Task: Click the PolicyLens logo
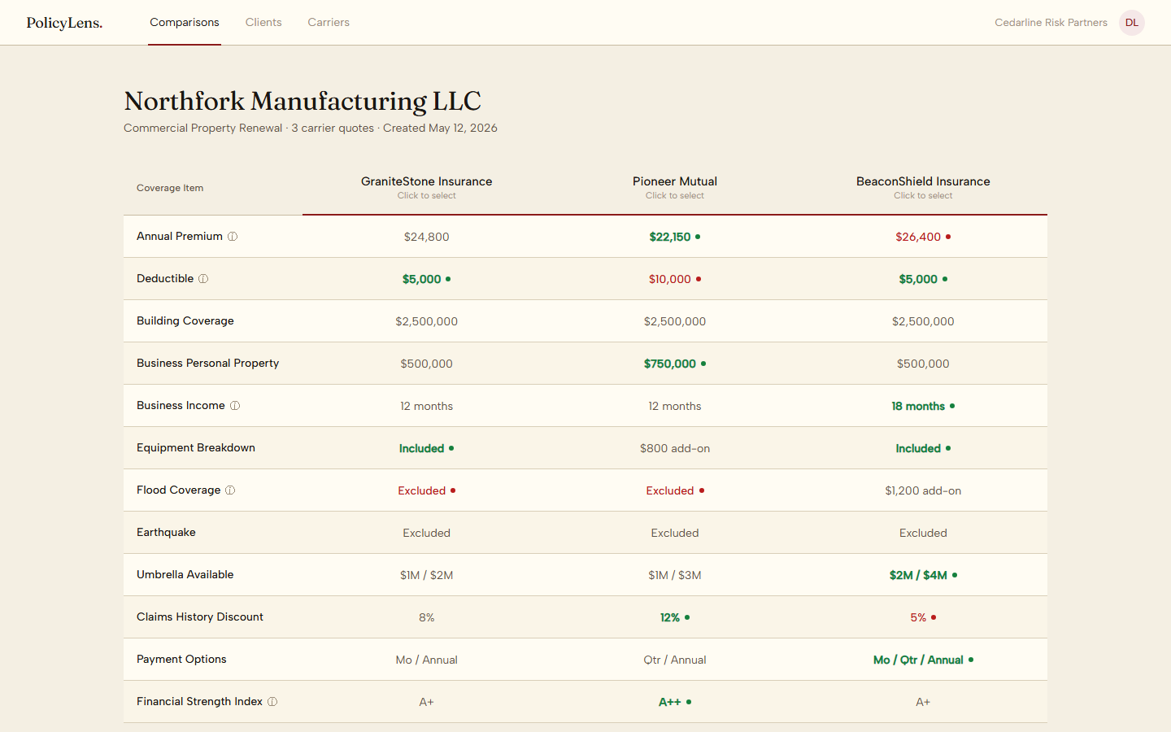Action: click(x=64, y=23)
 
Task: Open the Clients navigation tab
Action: click(x=263, y=23)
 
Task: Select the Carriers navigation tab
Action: click(x=329, y=23)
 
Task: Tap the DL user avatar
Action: click(x=1131, y=23)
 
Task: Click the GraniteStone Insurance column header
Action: click(x=426, y=187)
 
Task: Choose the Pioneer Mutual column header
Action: click(x=674, y=187)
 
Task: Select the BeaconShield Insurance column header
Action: click(x=923, y=187)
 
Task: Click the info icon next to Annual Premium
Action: click(x=233, y=237)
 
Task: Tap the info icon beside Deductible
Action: click(x=203, y=279)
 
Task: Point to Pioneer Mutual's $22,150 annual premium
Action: click(x=670, y=237)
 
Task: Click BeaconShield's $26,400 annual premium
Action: click(x=918, y=237)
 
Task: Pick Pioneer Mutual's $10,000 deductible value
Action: click(x=670, y=279)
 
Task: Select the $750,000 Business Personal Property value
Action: click(x=670, y=364)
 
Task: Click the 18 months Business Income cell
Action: click(x=918, y=407)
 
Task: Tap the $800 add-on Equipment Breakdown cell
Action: click(x=674, y=449)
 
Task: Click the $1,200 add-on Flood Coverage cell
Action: click(x=923, y=491)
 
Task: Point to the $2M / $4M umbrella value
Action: click(x=918, y=576)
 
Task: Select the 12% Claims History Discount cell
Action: click(x=670, y=618)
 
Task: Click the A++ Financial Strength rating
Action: click(x=670, y=702)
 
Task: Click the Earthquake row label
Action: click(x=166, y=532)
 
